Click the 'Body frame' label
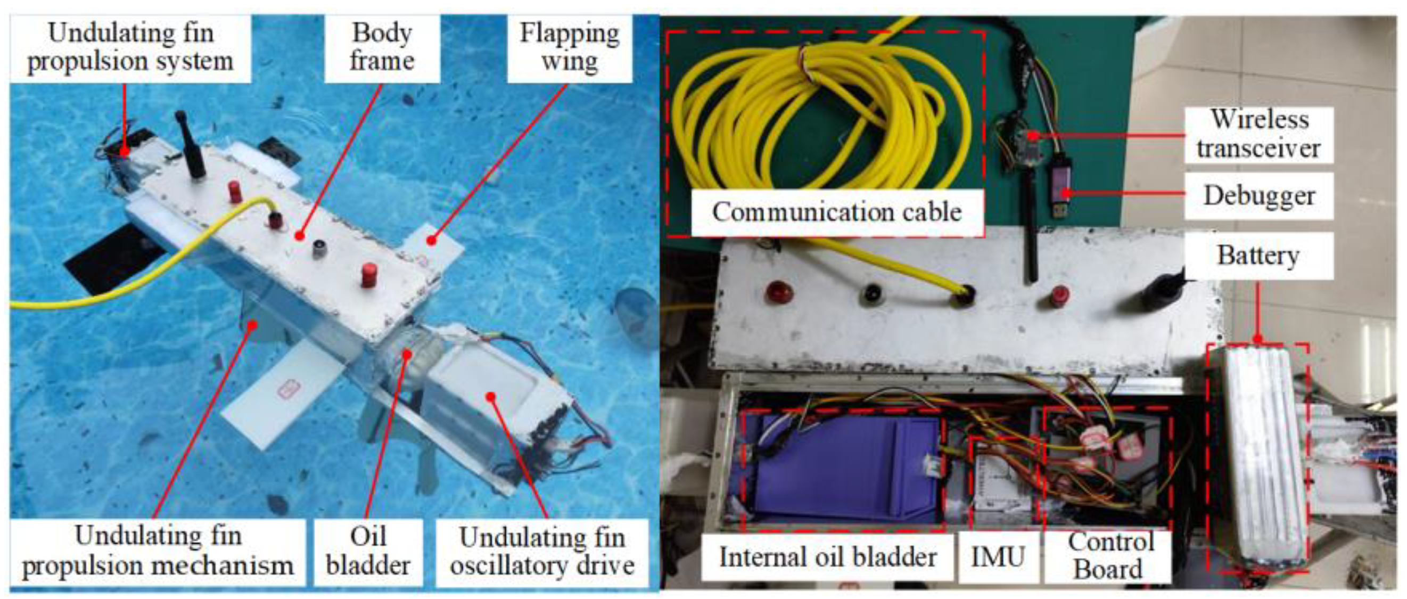(382, 47)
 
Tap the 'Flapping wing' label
(569, 47)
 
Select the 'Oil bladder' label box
(368, 552)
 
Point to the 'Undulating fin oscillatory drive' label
(542, 552)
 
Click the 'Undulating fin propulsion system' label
(130, 47)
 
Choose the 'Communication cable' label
(836, 212)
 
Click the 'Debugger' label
(1258, 195)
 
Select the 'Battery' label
(1258, 255)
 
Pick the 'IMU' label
(997, 557)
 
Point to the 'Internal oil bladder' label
(827, 557)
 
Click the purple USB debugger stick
(1064, 183)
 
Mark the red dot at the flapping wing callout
(432, 240)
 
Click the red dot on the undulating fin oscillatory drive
(491, 396)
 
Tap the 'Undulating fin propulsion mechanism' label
(157, 552)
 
